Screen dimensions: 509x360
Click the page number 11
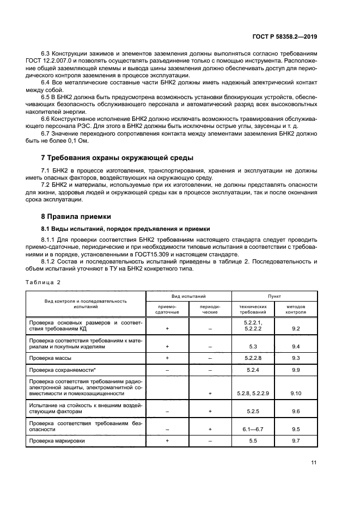(x=314, y=463)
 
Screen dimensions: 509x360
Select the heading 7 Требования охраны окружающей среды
(x=117, y=158)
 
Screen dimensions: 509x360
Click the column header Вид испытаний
(x=188, y=296)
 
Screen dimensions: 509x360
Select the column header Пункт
(x=274, y=296)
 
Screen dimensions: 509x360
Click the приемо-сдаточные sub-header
(x=167, y=309)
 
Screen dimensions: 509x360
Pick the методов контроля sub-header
(x=296, y=309)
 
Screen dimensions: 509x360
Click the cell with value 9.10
(x=296, y=393)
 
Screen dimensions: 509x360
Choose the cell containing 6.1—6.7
(x=252, y=429)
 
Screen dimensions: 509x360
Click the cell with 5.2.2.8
(x=253, y=358)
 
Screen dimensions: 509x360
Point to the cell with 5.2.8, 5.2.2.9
(x=253, y=393)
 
